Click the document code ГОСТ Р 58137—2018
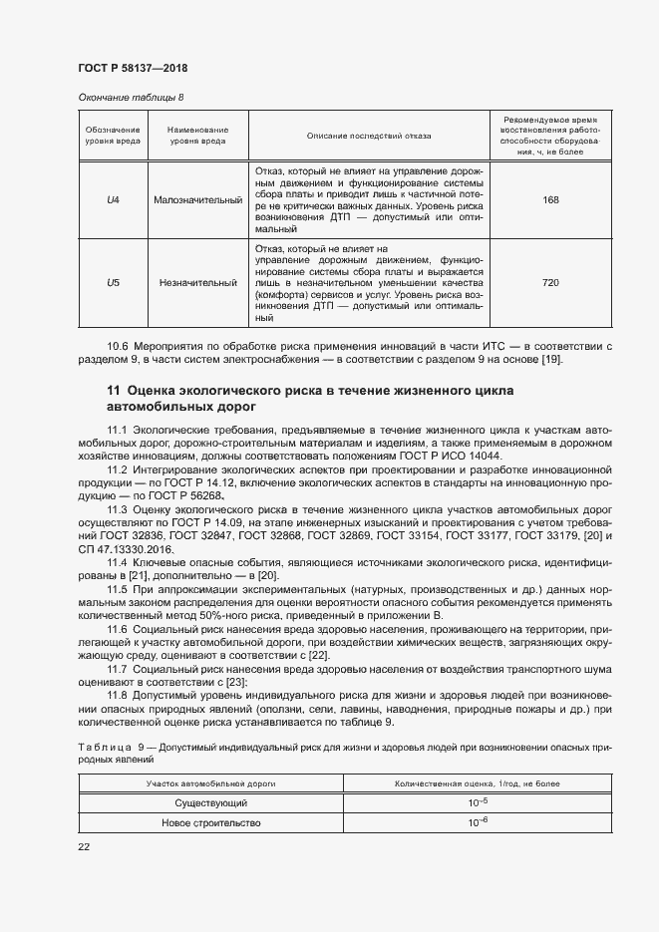[133, 68]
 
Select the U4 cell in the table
[113, 200]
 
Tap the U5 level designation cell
[113, 283]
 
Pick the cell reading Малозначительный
[198, 200]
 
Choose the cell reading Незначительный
[198, 283]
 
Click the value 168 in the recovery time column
[549, 200]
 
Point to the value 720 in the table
[549, 283]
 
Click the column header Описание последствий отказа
[369, 136]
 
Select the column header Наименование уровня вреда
[198, 136]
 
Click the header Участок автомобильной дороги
[210, 784]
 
